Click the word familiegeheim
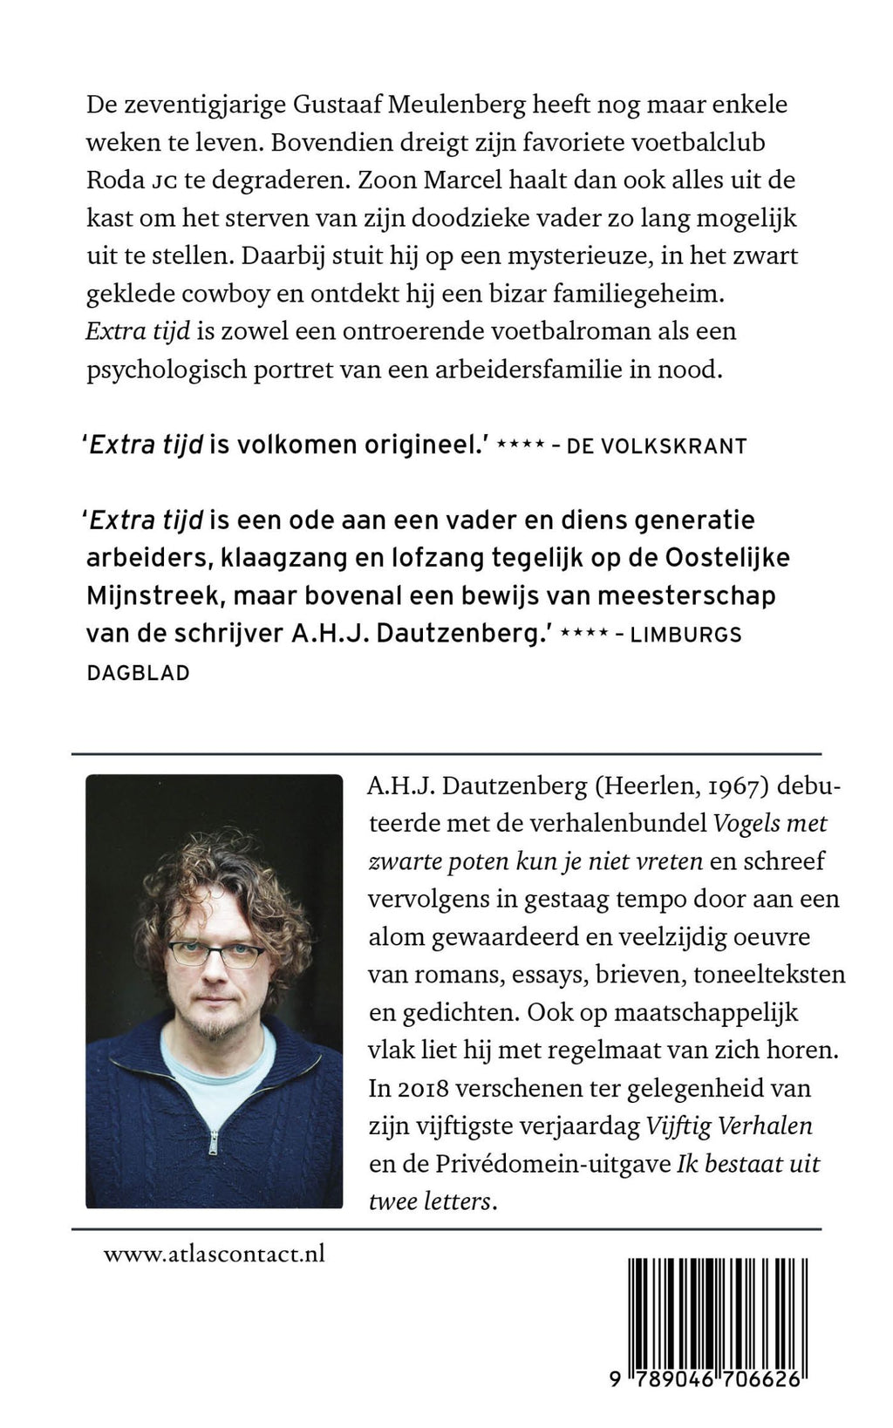638,294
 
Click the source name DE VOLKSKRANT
657,446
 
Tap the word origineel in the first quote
419,445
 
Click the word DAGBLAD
139,672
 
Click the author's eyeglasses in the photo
217,954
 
